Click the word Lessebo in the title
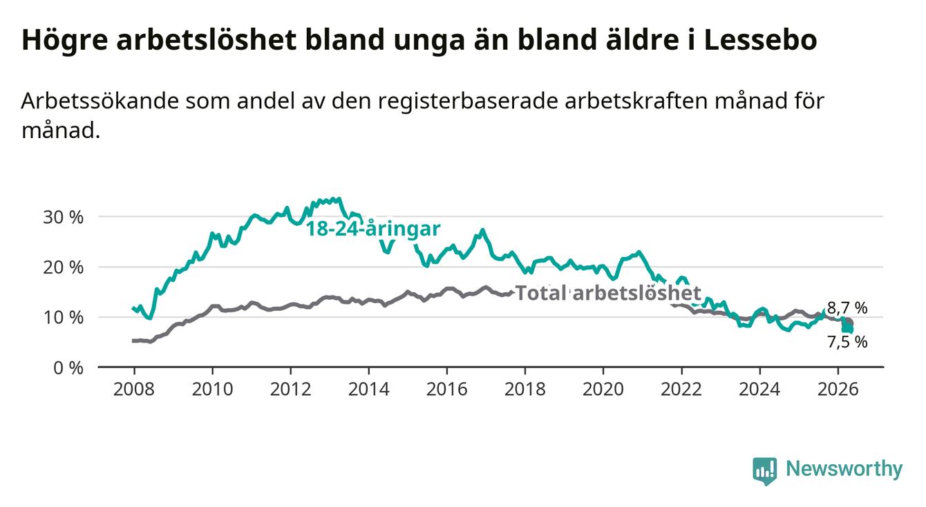coord(760,39)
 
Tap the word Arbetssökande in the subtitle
coord(100,101)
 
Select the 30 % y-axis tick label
coord(64,217)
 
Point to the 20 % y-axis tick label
coord(64,268)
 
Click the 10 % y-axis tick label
coord(64,318)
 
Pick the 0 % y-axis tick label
coord(68,368)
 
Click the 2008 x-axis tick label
coord(134,390)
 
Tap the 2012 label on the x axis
coord(291,390)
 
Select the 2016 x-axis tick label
coord(447,390)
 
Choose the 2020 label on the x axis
coord(603,390)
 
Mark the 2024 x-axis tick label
coord(759,390)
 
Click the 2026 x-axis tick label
coord(838,390)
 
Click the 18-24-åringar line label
coord(373,229)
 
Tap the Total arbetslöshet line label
coord(609,293)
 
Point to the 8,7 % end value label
coord(847,308)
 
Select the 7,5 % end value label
coord(847,342)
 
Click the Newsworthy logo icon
coord(765,471)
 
